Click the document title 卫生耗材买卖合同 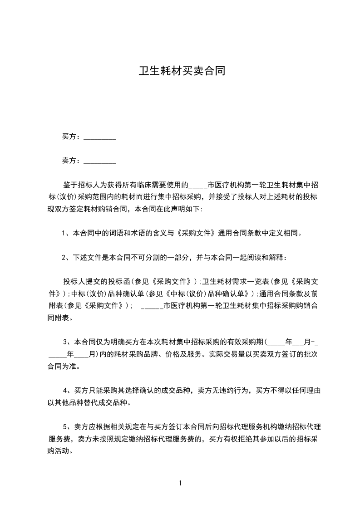(x=182, y=72)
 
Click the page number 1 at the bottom (x=180, y=483)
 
